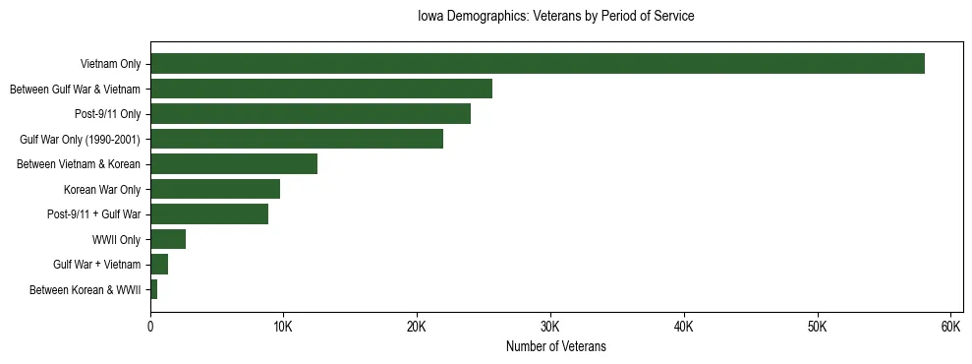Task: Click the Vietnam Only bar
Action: [537, 64]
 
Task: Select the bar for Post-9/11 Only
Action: [311, 114]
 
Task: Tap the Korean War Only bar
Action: [215, 189]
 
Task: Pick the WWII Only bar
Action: [168, 239]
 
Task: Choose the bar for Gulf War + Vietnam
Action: [159, 265]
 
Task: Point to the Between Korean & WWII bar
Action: [154, 289]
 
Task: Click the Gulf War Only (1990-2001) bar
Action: [297, 139]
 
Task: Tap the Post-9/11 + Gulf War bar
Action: [209, 214]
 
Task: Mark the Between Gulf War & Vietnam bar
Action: [321, 89]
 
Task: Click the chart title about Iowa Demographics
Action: [556, 17]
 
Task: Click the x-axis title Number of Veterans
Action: [556, 346]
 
